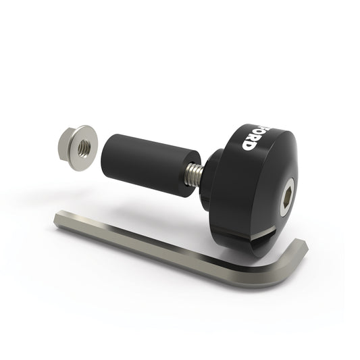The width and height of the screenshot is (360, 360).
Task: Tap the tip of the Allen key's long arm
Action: [59, 220]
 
